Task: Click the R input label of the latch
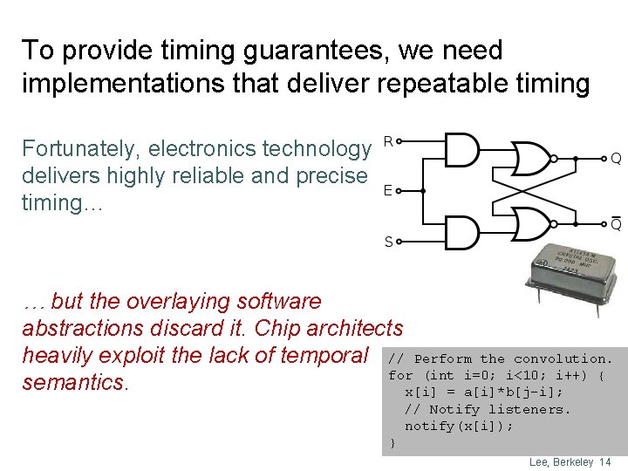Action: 388,140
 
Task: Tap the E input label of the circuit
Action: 387,190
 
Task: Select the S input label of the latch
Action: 388,241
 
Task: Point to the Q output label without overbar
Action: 615,159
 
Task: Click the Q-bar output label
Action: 615,224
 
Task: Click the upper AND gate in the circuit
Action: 461,149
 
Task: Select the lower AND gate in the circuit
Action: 461,232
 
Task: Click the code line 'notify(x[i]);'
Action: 459,426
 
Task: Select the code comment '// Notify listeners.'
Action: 487,408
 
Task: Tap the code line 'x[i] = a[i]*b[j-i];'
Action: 484,392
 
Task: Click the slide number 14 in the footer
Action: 605,461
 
